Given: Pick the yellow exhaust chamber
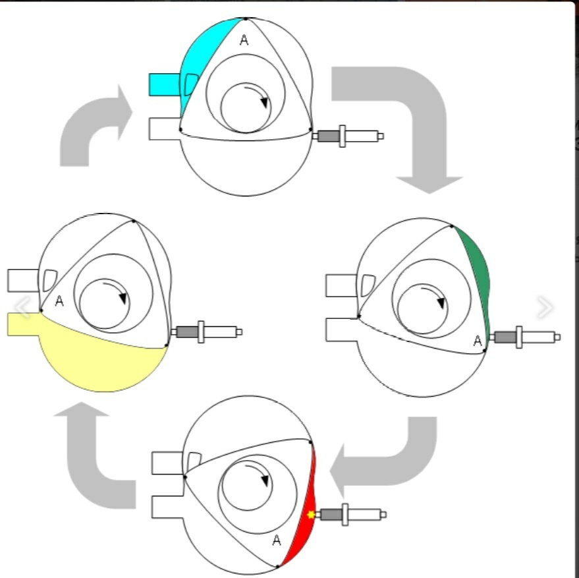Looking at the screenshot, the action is (x=99, y=356).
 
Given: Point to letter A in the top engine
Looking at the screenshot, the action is (x=244, y=40).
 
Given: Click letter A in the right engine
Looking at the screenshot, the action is (x=478, y=341).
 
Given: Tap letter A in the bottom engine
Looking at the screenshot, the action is (x=277, y=540).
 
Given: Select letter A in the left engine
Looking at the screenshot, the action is (x=59, y=301).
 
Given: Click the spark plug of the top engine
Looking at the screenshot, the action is (x=349, y=136).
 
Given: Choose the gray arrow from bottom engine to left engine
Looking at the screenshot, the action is (x=99, y=461).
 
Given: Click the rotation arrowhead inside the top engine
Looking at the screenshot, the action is (x=265, y=102).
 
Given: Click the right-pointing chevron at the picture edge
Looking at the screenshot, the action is (x=545, y=307).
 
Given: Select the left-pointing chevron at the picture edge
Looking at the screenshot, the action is (x=22, y=307).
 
